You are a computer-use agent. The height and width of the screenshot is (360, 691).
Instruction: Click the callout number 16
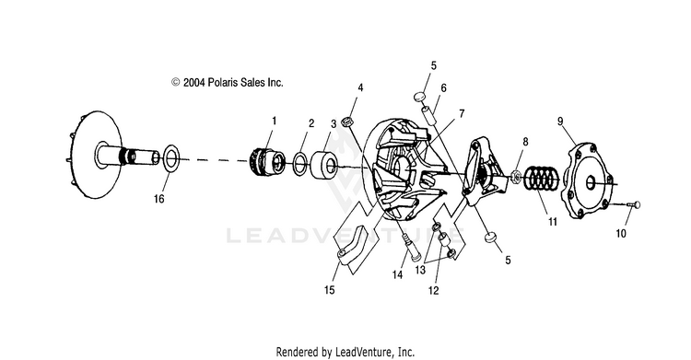pyautogui.click(x=158, y=199)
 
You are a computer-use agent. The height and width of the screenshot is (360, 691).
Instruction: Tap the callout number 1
pyautogui.click(x=275, y=121)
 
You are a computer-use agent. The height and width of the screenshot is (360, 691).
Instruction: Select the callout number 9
pyautogui.click(x=560, y=121)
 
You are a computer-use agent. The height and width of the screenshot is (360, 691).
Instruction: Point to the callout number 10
pyautogui.click(x=620, y=233)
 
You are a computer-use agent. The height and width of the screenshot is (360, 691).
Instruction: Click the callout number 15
pyautogui.click(x=330, y=290)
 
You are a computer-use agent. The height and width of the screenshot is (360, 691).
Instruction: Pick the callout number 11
pyautogui.click(x=553, y=222)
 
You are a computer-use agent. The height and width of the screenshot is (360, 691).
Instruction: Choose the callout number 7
pyautogui.click(x=462, y=114)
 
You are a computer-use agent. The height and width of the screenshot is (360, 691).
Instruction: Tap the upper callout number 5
pyautogui.click(x=434, y=65)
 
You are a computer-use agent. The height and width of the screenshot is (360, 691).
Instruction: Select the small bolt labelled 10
pyautogui.click(x=634, y=204)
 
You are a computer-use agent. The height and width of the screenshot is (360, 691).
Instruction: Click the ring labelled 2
pyautogui.click(x=300, y=163)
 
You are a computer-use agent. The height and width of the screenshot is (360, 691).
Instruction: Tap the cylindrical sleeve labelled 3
pyautogui.click(x=324, y=165)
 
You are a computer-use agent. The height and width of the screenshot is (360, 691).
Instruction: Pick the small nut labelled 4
pyautogui.click(x=348, y=122)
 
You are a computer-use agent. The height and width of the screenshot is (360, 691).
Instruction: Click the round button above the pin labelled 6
pyautogui.click(x=419, y=97)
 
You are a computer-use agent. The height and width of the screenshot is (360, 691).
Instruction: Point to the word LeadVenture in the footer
pyautogui.click(x=364, y=352)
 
